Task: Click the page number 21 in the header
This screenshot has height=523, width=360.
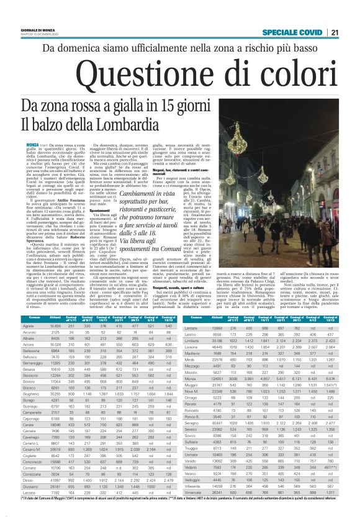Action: click(335, 32)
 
